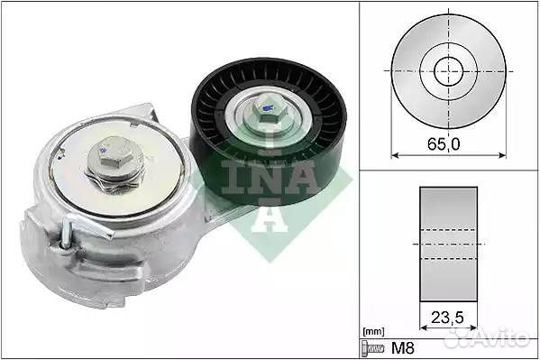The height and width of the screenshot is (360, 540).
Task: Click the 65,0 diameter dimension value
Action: tap(444, 143)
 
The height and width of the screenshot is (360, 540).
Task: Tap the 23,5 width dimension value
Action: tap(447, 318)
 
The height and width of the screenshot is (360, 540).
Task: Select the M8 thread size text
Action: tap(403, 348)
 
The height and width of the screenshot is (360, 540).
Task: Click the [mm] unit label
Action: tap(373, 332)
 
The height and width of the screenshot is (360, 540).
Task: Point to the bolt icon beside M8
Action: tap(373, 348)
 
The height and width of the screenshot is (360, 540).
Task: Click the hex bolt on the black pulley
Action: tap(269, 110)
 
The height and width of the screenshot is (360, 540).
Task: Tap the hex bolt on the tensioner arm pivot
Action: tap(111, 157)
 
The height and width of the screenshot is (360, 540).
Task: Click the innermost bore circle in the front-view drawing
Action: tap(448, 71)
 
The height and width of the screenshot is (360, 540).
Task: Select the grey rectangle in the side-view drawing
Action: tap(448, 245)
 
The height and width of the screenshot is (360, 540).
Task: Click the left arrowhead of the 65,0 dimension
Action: tap(395, 155)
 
